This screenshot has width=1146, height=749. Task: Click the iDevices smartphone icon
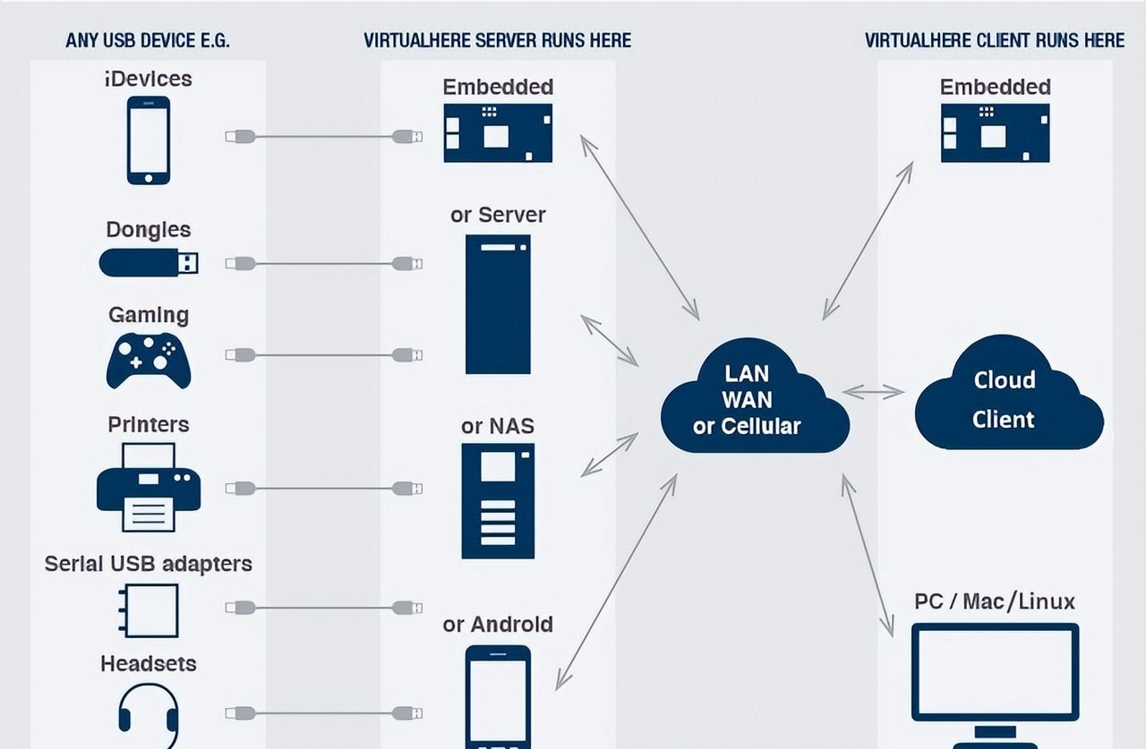[149, 140]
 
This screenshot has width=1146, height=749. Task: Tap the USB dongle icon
[149, 262]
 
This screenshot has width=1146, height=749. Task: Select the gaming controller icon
[149, 360]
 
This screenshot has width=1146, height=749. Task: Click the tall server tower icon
[498, 304]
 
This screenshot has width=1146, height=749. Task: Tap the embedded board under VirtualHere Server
[498, 133]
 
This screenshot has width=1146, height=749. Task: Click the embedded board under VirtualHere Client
[995, 133]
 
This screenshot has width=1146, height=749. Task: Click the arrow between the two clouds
[874, 392]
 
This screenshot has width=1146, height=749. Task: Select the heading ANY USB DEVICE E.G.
[148, 40]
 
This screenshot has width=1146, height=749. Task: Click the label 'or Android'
[498, 625]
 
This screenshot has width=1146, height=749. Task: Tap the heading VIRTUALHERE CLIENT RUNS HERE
[995, 40]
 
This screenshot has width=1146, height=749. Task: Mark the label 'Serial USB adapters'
[149, 564]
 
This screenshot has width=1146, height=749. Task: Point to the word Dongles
[149, 230]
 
